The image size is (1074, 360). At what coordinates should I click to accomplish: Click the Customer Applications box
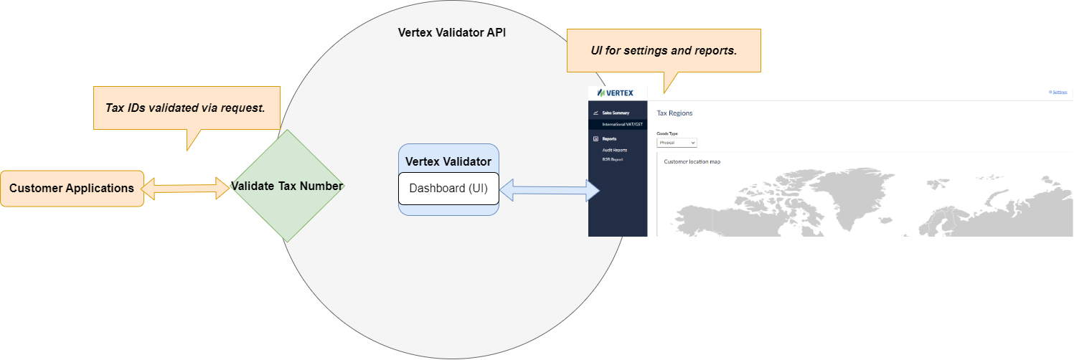point(72,189)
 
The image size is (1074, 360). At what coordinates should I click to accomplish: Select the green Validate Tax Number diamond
point(287,186)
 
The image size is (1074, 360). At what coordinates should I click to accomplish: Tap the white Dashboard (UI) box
point(448,189)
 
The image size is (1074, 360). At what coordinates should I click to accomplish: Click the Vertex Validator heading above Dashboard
point(448,161)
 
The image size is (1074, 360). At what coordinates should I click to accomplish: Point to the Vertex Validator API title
point(452,32)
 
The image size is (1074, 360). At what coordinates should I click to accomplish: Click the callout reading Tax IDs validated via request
point(187,108)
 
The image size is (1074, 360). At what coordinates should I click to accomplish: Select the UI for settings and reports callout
point(664,51)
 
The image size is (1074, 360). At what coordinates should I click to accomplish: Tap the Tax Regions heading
point(674,113)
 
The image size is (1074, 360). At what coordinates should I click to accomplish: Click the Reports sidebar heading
point(609,138)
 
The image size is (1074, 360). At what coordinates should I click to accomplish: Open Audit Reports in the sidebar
point(614,150)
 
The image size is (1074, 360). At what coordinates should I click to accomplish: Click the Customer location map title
point(692,161)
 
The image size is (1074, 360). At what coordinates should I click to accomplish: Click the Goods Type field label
point(667,133)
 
